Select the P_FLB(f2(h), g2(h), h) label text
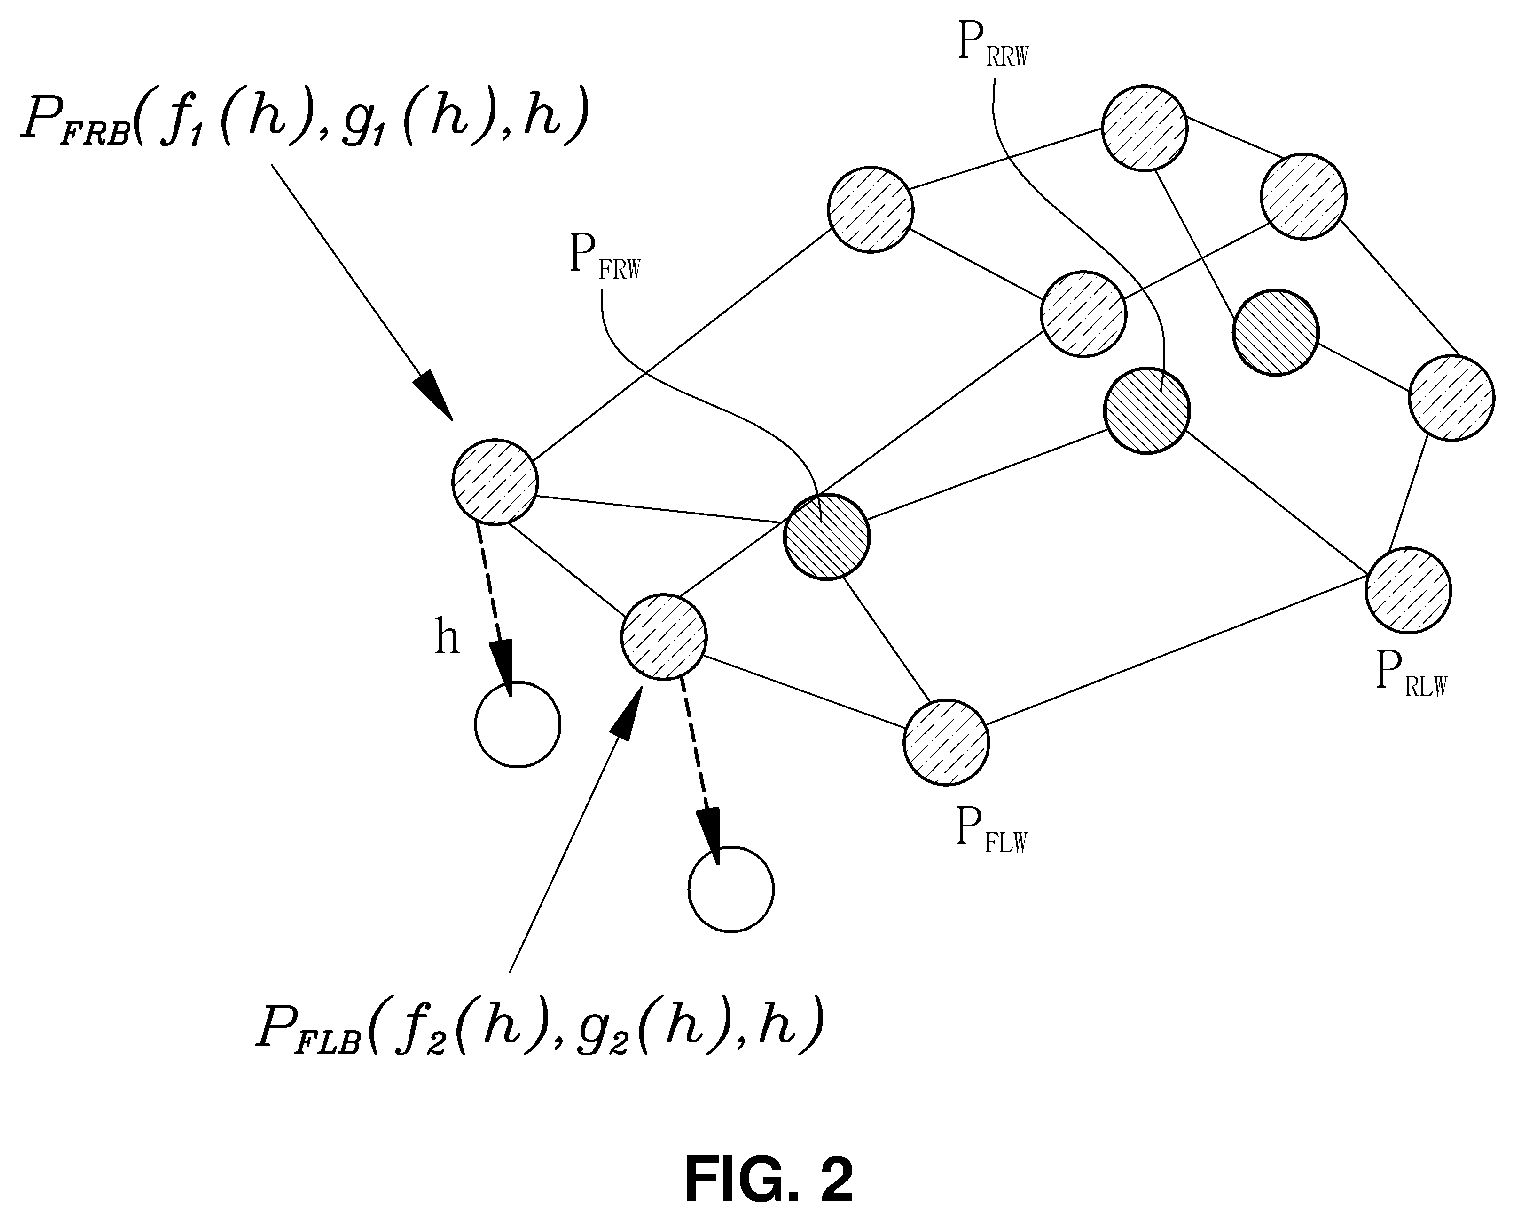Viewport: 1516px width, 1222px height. coord(540,1028)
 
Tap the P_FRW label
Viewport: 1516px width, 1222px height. coord(605,257)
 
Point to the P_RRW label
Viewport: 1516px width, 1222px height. coord(993,45)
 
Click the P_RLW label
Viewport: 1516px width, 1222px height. coord(1412,674)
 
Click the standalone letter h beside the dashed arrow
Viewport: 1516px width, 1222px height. coord(447,638)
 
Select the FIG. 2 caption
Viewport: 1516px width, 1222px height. coord(769,1179)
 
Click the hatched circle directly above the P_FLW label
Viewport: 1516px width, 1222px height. coord(946,742)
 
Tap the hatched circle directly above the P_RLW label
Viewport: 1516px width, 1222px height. coord(1408,589)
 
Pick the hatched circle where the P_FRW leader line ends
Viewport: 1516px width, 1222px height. coord(827,537)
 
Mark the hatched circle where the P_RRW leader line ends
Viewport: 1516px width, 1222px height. coord(1146,411)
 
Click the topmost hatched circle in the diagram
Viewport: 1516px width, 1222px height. coord(1145,128)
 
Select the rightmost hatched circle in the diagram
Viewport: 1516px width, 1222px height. coord(1451,398)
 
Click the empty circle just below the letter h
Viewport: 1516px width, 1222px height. coord(517,724)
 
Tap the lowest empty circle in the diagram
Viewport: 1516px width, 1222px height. coord(731,889)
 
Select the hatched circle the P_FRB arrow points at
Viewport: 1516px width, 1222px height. coord(495,482)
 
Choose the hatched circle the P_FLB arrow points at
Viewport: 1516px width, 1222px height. coord(663,636)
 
